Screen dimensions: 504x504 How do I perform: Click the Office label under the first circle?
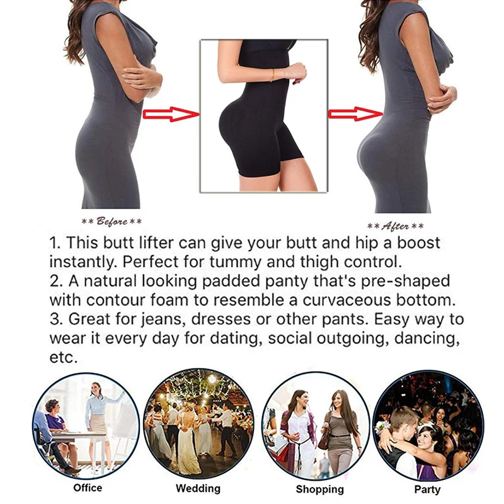88,488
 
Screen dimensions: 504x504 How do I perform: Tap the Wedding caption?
198,488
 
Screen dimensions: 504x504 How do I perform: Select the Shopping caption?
320,489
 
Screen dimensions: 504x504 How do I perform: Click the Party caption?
427,488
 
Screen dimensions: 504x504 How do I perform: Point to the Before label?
111,222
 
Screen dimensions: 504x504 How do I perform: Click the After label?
395,226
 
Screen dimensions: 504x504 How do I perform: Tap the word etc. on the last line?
63,357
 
